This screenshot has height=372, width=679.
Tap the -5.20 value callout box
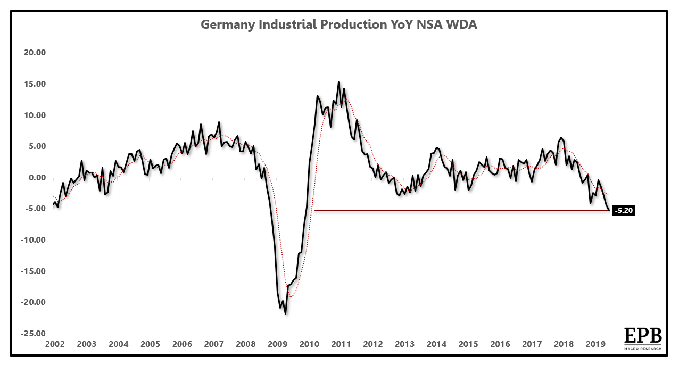coord(624,210)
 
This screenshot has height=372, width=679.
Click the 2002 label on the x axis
coord(55,344)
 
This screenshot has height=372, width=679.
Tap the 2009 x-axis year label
coord(277,344)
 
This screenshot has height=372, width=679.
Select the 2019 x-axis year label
coord(595,344)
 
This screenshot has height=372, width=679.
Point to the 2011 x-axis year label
coord(341,344)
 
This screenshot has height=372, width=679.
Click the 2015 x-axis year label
coord(468,344)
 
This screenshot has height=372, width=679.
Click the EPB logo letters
coord(643,336)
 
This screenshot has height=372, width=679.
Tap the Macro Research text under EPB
coord(643,348)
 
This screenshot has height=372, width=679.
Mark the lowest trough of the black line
coord(286,314)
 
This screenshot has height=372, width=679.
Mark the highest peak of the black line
coord(338,82)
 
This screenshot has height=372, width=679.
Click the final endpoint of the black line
coord(609,210)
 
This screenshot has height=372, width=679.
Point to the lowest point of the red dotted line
coord(291,296)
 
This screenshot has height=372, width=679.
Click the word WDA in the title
coord(461,24)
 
